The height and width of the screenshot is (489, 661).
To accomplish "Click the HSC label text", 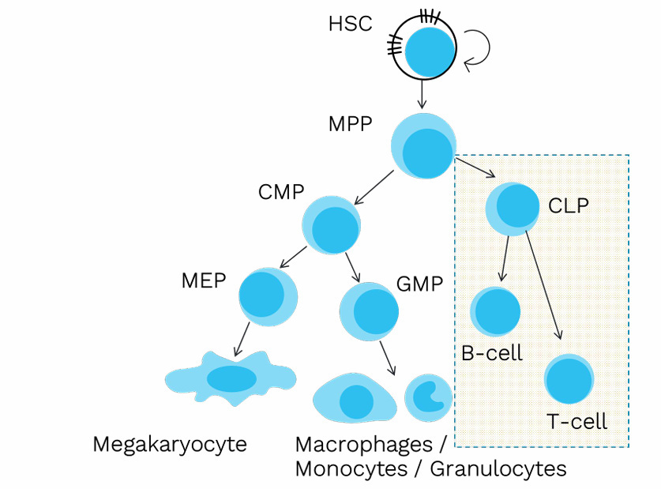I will (x=350, y=24).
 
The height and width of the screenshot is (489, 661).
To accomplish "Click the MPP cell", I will (x=424, y=146).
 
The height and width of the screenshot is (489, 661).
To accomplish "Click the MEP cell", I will (x=269, y=296).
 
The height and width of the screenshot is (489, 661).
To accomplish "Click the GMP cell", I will (x=369, y=310).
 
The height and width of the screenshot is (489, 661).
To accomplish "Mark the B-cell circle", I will (x=495, y=311).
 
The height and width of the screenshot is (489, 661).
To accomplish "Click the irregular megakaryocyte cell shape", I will (x=230, y=378).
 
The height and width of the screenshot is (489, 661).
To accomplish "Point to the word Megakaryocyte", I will (x=169, y=444).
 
